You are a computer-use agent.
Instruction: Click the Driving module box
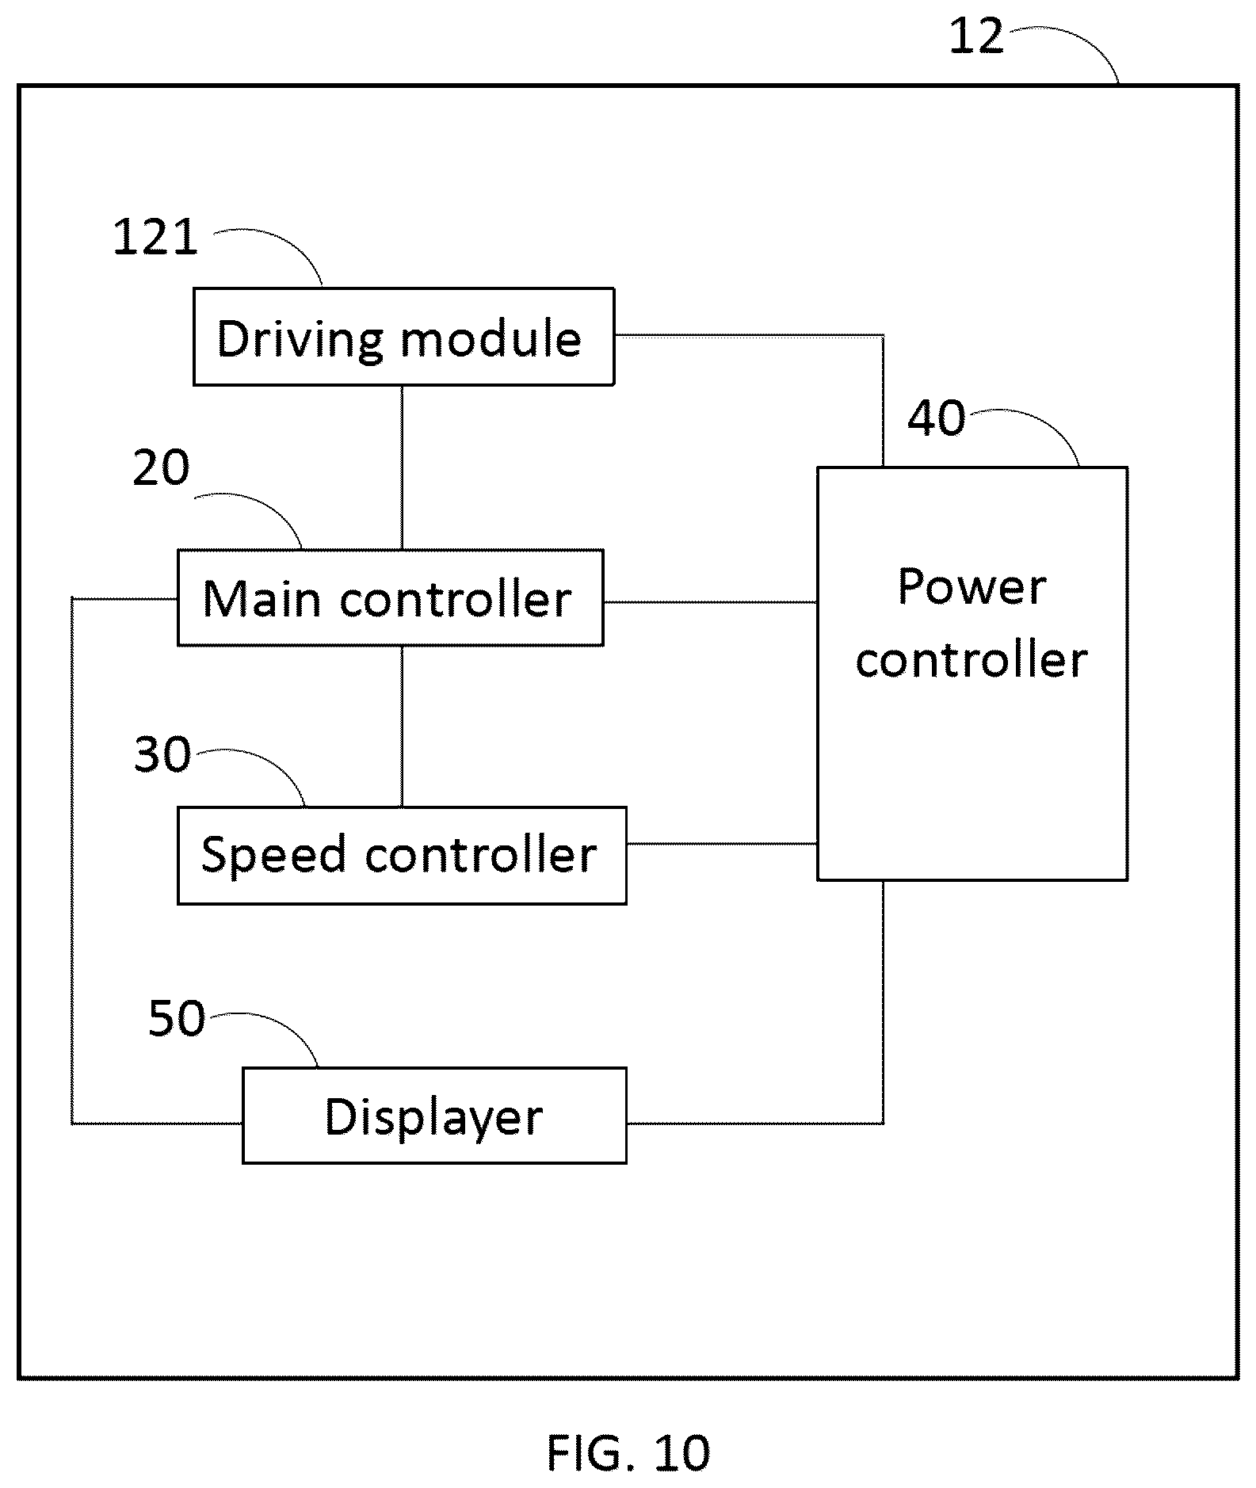coord(403,337)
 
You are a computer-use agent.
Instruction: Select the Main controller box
coord(390,597)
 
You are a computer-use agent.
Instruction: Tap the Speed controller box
coord(402,856)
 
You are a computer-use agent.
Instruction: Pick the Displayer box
coord(434,1116)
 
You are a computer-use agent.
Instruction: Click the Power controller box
coord(972,673)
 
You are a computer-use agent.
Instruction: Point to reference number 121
coord(155,238)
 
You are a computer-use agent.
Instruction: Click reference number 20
coord(161,467)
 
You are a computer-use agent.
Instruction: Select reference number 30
coord(162,754)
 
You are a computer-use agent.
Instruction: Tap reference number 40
coord(937,418)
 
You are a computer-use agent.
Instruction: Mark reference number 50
coord(177,1018)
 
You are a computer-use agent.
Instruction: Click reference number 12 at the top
coord(976,36)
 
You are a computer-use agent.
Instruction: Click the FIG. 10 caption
coord(628,1452)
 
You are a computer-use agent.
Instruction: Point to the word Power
coord(972,587)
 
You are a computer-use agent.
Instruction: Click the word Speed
coord(273,857)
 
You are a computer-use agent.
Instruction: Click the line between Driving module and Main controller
coord(402,467)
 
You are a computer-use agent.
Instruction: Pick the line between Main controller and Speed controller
coord(402,727)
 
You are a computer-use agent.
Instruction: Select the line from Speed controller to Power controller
coord(722,844)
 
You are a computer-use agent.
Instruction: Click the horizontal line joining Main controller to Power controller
coord(710,602)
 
